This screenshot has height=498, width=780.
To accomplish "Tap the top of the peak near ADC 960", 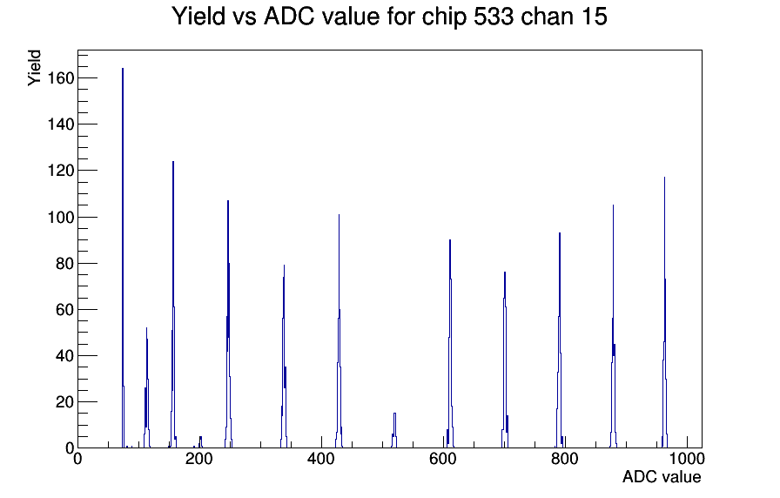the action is coord(664,178).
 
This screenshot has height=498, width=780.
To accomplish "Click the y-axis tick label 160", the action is coord(61,78).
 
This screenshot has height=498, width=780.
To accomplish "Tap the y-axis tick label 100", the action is coord(61,218).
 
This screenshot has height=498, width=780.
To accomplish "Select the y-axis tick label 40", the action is coord(64,356).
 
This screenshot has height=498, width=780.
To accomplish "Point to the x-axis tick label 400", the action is coord(321,459).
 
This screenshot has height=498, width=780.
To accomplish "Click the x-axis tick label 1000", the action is coord(687,459).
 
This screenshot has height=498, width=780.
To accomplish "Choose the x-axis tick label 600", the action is coord(443,459).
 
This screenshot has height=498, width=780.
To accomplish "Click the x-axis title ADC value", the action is coord(662,477).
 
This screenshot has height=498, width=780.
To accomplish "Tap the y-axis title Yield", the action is coord(34,68).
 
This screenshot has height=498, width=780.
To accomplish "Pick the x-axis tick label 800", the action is coord(565,459).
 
